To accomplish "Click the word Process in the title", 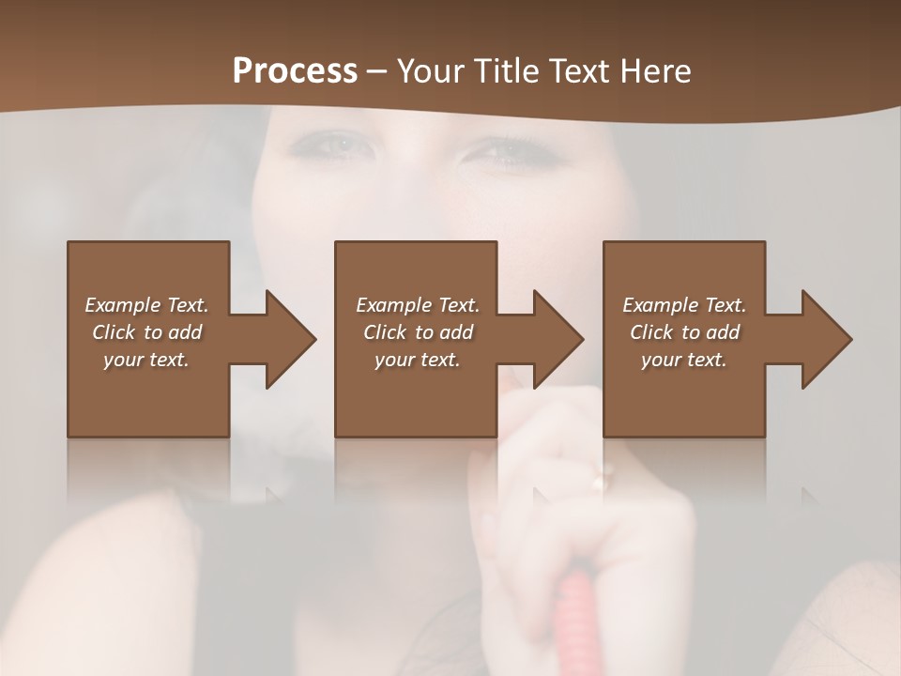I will pos(295,70).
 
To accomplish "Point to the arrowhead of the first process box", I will pos(291,339).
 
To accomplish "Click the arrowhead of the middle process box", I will pos(559,339).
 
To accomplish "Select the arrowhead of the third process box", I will pos(828,339).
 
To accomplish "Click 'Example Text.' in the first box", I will pos(147,305).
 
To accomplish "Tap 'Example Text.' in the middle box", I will pos(417,305).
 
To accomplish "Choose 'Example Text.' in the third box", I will pos(684,305).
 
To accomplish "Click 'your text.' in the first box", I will pos(146,360).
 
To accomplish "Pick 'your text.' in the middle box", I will pos(417,360).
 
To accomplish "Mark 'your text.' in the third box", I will pos(684,360).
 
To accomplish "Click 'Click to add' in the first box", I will pos(147,332).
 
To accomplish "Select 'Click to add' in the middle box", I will pos(418,332).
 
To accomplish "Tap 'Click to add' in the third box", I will pos(685,332).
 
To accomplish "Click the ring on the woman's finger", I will pos(599,483).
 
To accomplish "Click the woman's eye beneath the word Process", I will pos(330,146).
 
